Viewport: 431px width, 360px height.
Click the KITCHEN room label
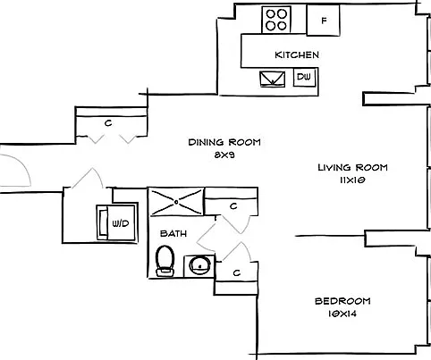pyautogui.click(x=297, y=54)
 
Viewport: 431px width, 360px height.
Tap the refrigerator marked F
pyautogui.click(x=324, y=21)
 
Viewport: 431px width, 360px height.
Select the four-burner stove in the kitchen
pyautogui.click(x=276, y=20)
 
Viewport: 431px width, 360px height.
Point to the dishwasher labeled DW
pyautogui.click(x=304, y=77)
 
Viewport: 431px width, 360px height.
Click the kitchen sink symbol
pyautogui.click(x=273, y=79)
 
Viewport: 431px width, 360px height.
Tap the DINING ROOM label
pyautogui.click(x=224, y=142)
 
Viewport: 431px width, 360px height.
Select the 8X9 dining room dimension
pyautogui.click(x=224, y=155)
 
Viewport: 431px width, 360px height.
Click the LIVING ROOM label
pyautogui.click(x=352, y=167)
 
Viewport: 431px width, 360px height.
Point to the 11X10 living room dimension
pyautogui.click(x=352, y=180)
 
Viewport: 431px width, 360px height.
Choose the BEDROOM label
pyautogui.click(x=342, y=301)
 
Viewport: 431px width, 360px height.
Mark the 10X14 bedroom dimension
pyautogui.click(x=342, y=314)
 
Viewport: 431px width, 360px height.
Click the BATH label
pyautogui.click(x=173, y=233)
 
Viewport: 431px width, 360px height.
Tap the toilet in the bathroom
pyautogui.click(x=165, y=261)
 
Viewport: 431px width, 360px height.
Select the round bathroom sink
pyautogui.click(x=200, y=265)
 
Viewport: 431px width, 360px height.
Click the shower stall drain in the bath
pyautogui.click(x=176, y=202)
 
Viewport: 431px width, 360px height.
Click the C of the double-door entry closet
pyautogui.click(x=108, y=122)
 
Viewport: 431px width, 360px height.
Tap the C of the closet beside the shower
pyautogui.click(x=233, y=205)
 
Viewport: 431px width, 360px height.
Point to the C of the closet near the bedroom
pyautogui.click(x=237, y=272)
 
